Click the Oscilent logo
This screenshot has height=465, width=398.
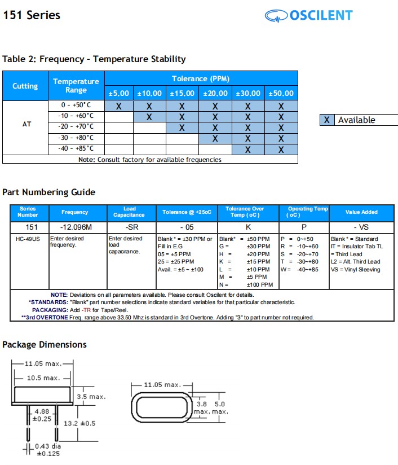tap(308, 15)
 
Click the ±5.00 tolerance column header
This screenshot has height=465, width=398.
tap(119, 93)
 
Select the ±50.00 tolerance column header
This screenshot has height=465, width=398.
tap(281, 93)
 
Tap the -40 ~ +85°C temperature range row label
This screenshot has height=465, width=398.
tap(76, 148)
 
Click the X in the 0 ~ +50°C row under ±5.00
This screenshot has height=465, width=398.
tap(119, 106)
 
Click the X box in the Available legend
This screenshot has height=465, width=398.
tap(327, 120)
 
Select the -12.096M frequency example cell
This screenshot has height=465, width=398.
tap(75, 227)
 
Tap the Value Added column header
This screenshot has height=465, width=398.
tap(361, 212)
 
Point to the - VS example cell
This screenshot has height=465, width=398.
tap(361, 227)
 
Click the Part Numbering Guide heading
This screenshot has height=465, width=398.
tap(49, 192)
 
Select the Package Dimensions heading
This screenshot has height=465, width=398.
tap(45, 344)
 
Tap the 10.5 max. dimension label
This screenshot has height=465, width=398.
tap(43, 378)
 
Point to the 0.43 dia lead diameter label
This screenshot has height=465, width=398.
tap(48, 446)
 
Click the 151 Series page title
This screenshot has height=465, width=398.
tap(32, 15)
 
